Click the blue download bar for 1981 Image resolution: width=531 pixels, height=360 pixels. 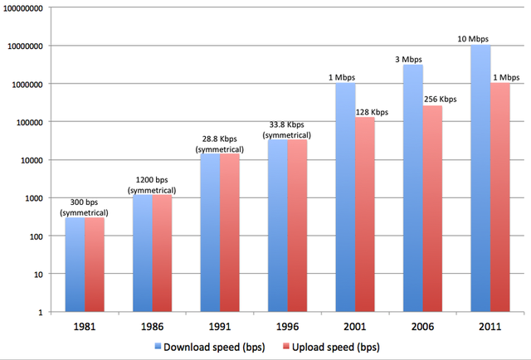click(76, 264)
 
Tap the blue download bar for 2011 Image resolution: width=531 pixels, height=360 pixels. click(480, 178)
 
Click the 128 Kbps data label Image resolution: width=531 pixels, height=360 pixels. click(373, 111)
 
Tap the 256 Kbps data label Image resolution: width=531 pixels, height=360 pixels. click(441, 100)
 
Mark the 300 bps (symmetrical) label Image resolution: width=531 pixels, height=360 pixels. click(86, 207)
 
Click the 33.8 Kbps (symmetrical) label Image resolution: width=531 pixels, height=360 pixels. click(288, 130)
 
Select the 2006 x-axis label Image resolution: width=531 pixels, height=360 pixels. click(423, 327)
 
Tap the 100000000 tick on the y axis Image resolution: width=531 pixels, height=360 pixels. click(22, 8)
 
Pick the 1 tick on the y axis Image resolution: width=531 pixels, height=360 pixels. click(39, 312)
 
